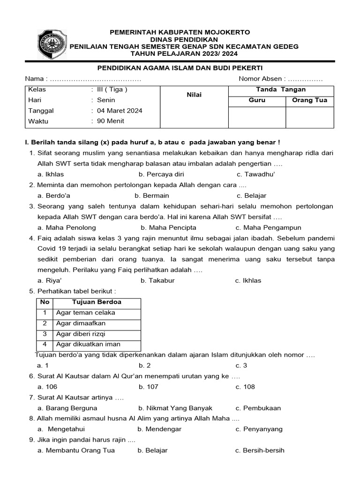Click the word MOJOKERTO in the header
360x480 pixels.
pos(225,32)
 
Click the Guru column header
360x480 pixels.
pos(257,100)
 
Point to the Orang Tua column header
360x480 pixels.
pos(309,100)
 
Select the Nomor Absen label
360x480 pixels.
pos(261,79)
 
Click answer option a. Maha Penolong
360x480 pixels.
pos(67,227)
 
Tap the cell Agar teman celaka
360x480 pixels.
pos(86,313)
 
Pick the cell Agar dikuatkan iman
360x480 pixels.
pos(88,345)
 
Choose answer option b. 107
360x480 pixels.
pos(149,387)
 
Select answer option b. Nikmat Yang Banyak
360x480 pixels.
pos(175,408)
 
